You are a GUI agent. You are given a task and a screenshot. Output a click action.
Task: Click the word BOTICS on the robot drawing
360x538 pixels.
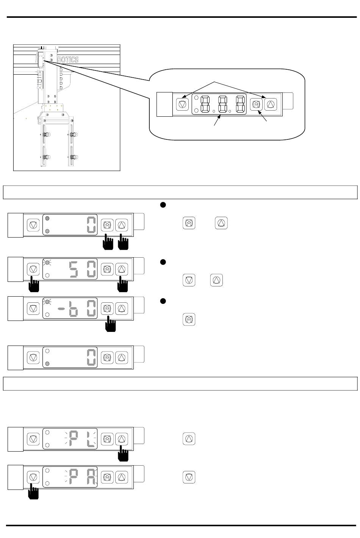point(68,60)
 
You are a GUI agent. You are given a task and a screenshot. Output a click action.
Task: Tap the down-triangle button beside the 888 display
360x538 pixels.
point(183,104)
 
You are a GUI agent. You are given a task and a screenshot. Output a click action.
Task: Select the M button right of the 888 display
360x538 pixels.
point(257,104)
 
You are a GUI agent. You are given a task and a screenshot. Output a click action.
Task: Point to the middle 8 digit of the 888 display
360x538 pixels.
point(223,104)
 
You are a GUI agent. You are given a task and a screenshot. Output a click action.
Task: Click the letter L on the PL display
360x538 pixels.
point(91,439)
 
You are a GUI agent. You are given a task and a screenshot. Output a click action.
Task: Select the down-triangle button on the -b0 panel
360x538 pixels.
point(33,308)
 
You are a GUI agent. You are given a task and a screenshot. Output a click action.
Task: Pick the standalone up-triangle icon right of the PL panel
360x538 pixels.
point(189,439)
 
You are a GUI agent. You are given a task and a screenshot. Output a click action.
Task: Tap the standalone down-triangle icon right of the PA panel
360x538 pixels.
point(189,477)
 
